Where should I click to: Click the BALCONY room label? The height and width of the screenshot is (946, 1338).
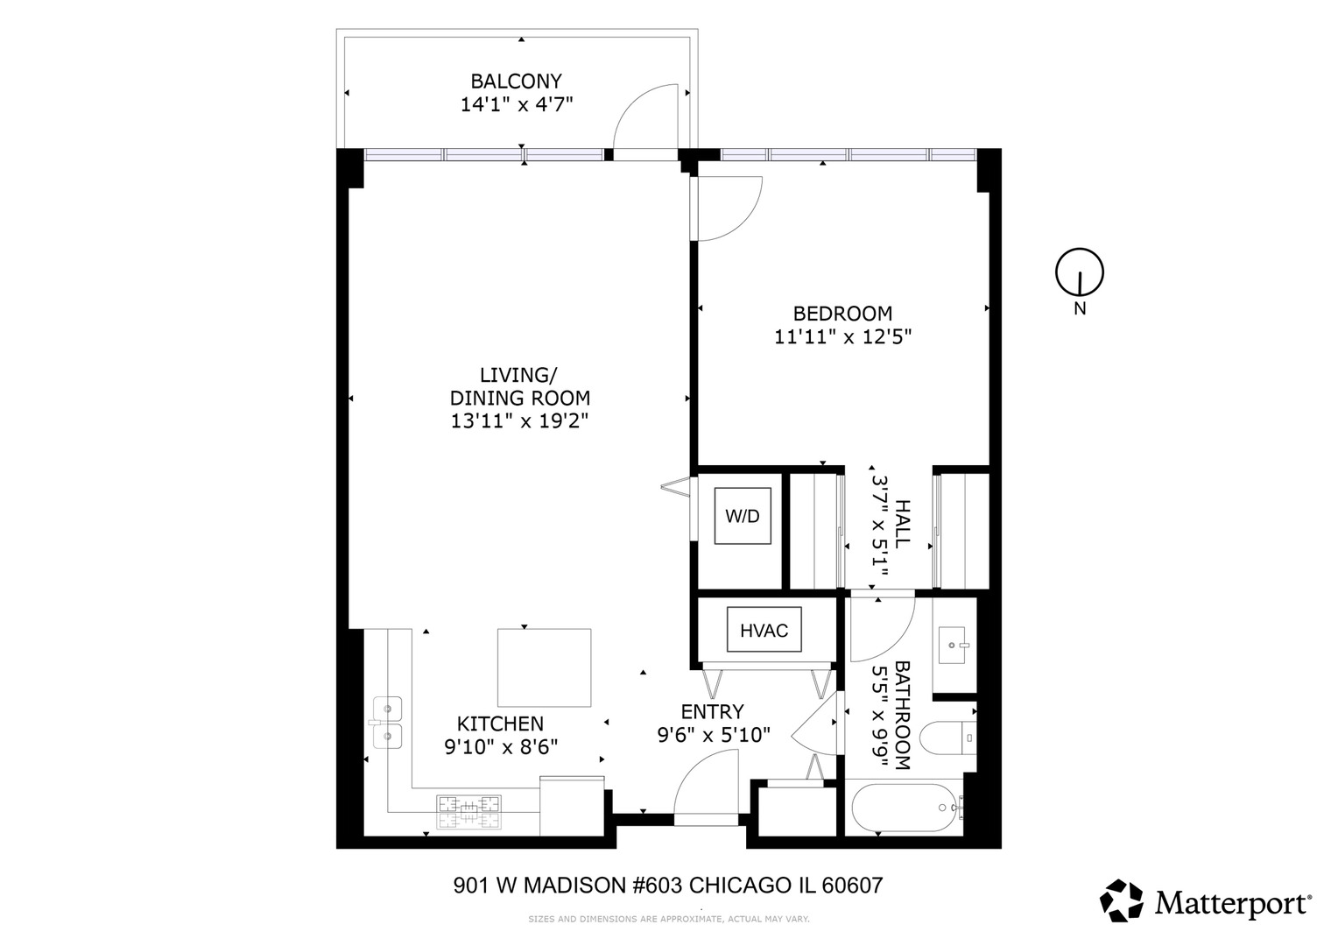(x=516, y=81)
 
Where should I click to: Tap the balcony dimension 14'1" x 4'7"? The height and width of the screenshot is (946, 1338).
(x=516, y=105)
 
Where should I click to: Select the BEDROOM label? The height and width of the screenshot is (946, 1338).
(x=842, y=314)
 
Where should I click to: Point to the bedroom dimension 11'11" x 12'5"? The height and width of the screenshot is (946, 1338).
(x=842, y=336)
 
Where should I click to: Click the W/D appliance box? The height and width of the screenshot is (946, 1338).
(x=742, y=516)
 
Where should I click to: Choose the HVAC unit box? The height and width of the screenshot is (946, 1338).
(x=764, y=631)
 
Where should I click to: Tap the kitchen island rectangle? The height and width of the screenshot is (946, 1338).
(x=544, y=667)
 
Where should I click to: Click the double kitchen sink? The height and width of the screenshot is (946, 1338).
(x=387, y=723)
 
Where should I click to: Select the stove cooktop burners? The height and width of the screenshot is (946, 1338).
(x=469, y=811)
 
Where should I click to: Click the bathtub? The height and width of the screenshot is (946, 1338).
(x=905, y=807)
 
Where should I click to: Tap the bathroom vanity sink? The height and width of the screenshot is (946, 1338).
(x=954, y=646)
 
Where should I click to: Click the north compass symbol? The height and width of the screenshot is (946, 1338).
(x=1079, y=272)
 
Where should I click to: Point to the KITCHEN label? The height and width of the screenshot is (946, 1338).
(x=500, y=724)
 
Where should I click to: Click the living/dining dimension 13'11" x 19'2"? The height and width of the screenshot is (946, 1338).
(x=519, y=421)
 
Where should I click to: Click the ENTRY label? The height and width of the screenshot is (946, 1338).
(x=712, y=711)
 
